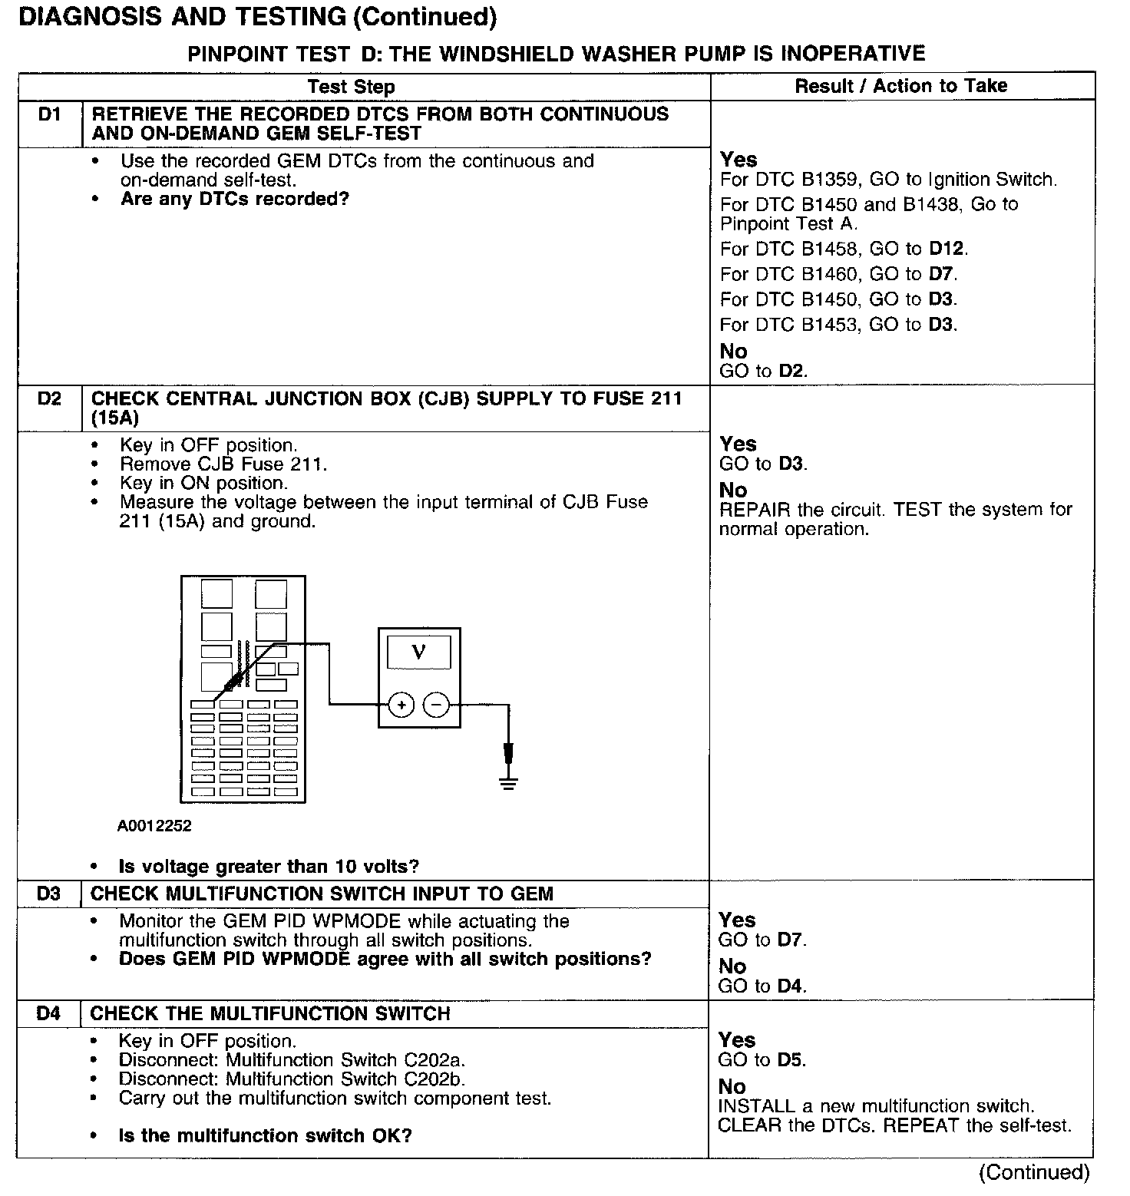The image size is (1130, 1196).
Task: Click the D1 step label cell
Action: [49, 115]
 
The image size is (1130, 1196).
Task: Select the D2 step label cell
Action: [49, 399]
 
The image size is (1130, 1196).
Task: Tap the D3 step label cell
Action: [48, 894]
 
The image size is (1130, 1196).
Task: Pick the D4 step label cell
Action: [48, 1014]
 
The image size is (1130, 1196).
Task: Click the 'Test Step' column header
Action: [351, 87]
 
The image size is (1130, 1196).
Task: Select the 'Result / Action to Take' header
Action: [901, 86]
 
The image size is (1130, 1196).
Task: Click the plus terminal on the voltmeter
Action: [401, 704]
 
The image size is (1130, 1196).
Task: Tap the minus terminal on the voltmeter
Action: [437, 704]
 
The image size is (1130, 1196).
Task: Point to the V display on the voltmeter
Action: [418, 653]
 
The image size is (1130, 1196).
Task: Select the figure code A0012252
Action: [154, 826]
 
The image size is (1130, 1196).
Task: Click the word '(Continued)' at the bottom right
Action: [1033, 1172]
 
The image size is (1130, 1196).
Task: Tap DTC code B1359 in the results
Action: [832, 180]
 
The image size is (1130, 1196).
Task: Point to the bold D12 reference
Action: [947, 249]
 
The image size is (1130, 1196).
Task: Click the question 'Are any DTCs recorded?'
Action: [235, 200]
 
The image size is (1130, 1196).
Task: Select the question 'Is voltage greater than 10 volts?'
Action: [269, 867]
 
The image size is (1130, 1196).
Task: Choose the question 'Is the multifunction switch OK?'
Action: [265, 1135]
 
